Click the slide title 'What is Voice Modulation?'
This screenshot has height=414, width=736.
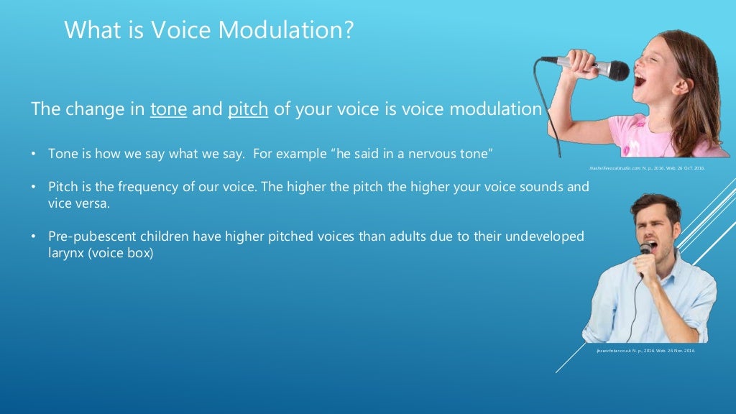208,30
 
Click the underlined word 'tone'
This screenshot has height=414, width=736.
168,110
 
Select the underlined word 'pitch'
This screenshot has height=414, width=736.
248,110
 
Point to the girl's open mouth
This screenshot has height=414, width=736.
639,78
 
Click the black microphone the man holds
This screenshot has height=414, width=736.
645,249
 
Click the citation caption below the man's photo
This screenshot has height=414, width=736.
645,351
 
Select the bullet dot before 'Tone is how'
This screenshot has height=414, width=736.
34,154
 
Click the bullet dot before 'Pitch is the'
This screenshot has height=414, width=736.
34,187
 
